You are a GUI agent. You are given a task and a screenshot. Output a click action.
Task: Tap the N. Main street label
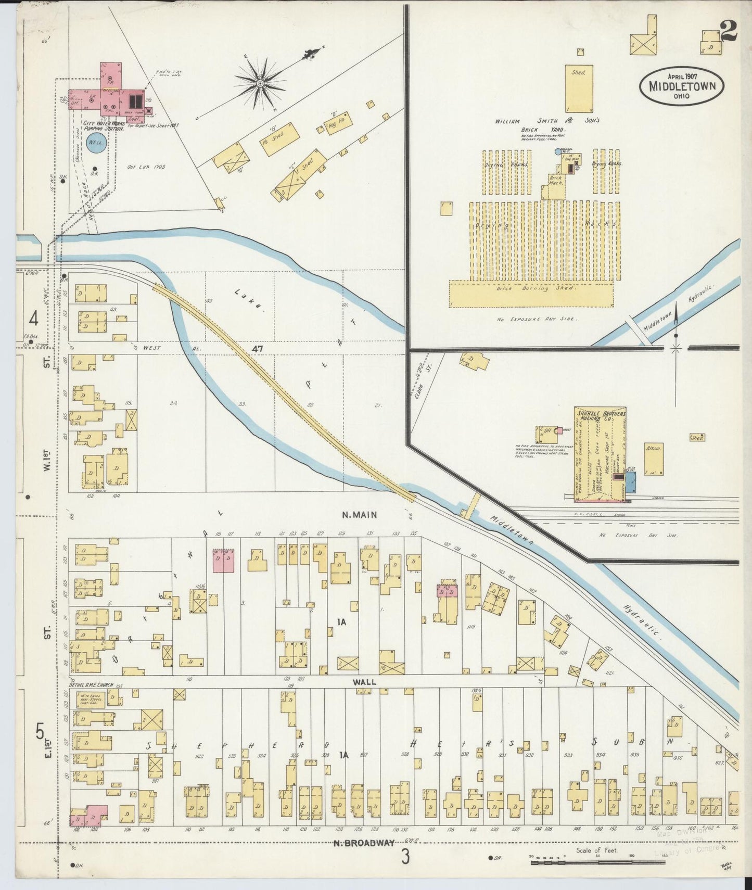pos(359,515)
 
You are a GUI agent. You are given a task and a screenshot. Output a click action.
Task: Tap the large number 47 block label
pos(257,349)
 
